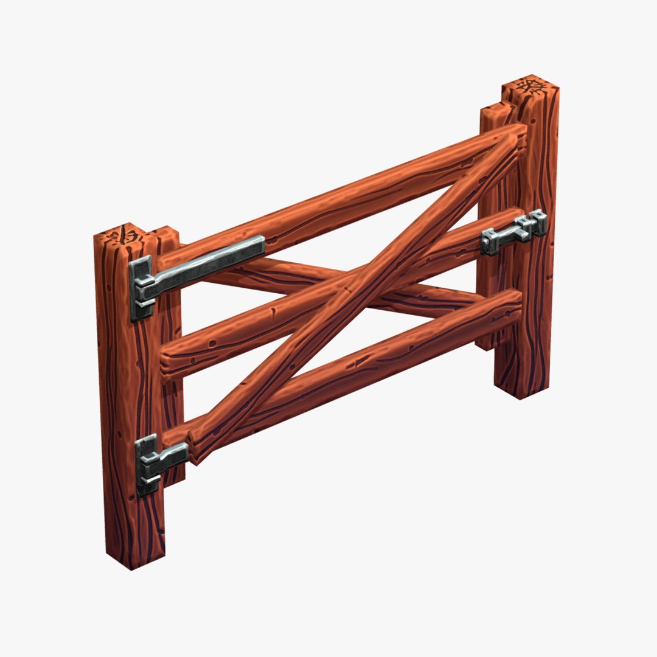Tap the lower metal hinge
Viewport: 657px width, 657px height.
(x=159, y=459)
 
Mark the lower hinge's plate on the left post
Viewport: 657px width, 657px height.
(x=146, y=465)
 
